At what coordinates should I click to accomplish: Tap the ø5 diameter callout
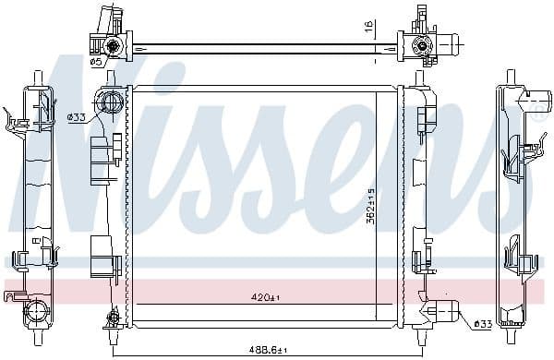[x=95, y=62]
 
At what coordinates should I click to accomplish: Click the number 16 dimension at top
[x=367, y=29]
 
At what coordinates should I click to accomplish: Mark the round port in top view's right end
[x=424, y=44]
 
